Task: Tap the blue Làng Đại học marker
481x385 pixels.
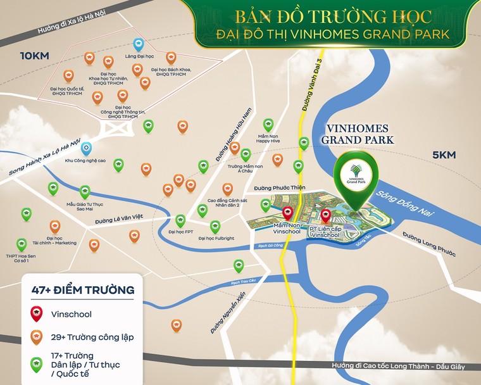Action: pyautogui.click(x=139, y=44)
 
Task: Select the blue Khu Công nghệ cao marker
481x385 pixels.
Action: pyautogui.click(x=86, y=148)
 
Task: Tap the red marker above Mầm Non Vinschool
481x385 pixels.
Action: pyautogui.click(x=287, y=213)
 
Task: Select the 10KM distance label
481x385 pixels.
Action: pyautogui.click(x=35, y=56)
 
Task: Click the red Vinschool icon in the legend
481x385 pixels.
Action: pyautogui.click(x=38, y=313)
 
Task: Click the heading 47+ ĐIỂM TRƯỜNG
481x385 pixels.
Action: pyautogui.click(x=82, y=290)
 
